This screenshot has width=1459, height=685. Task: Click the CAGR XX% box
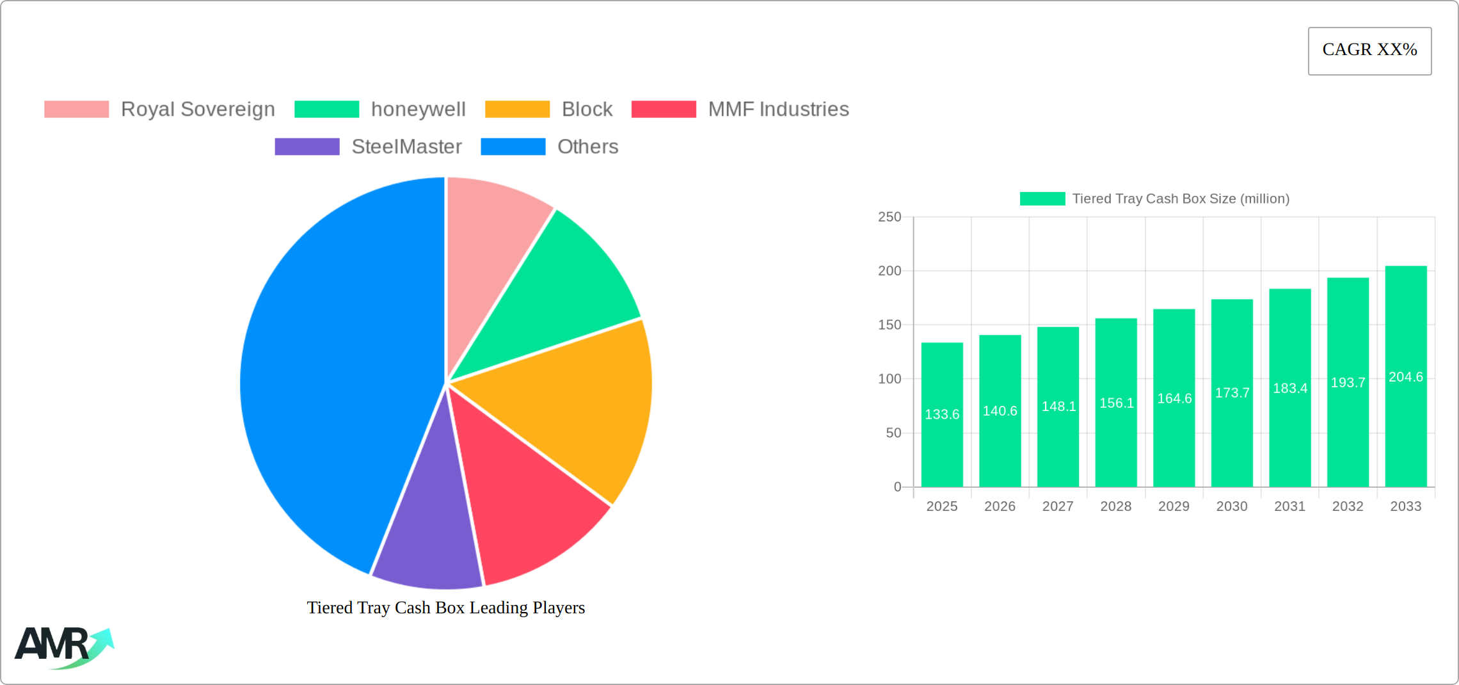tap(1369, 51)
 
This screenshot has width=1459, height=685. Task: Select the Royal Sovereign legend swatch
tap(76, 109)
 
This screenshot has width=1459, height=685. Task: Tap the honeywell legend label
tap(418, 109)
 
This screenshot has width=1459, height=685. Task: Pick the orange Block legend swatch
tap(517, 109)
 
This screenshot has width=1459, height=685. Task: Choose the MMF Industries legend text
tap(778, 109)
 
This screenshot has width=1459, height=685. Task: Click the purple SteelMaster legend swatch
tap(307, 147)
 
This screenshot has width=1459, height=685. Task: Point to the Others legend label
tap(587, 147)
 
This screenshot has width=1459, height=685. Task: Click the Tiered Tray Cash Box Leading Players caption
tap(446, 608)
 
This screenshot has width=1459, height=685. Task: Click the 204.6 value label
tap(1406, 377)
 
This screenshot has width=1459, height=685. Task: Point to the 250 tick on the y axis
tap(889, 217)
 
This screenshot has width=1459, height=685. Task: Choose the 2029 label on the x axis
tap(1174, 506)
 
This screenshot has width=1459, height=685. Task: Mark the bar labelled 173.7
tap(1232, 393)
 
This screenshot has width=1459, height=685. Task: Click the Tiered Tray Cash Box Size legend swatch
tap(1042, 199)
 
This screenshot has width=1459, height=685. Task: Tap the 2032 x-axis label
tap(1348, 506)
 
